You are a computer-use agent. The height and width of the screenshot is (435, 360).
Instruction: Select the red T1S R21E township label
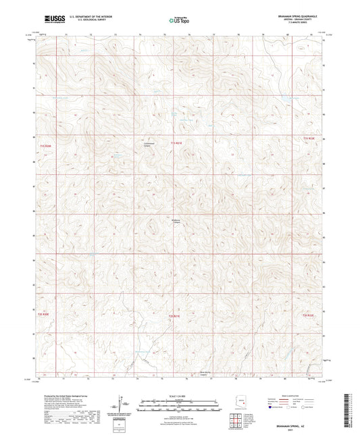pos(176,143)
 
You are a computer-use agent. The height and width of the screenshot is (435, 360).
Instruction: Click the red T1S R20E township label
pos(45,145)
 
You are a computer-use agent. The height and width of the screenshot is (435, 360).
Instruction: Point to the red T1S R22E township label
pos(309,138)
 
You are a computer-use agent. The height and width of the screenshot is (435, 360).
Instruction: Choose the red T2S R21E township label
pos(174,315)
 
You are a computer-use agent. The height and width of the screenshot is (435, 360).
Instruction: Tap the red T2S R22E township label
pos(308,315)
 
